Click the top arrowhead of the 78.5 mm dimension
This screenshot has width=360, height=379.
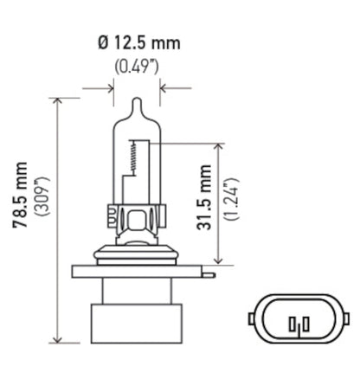click(x=58, y=102)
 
